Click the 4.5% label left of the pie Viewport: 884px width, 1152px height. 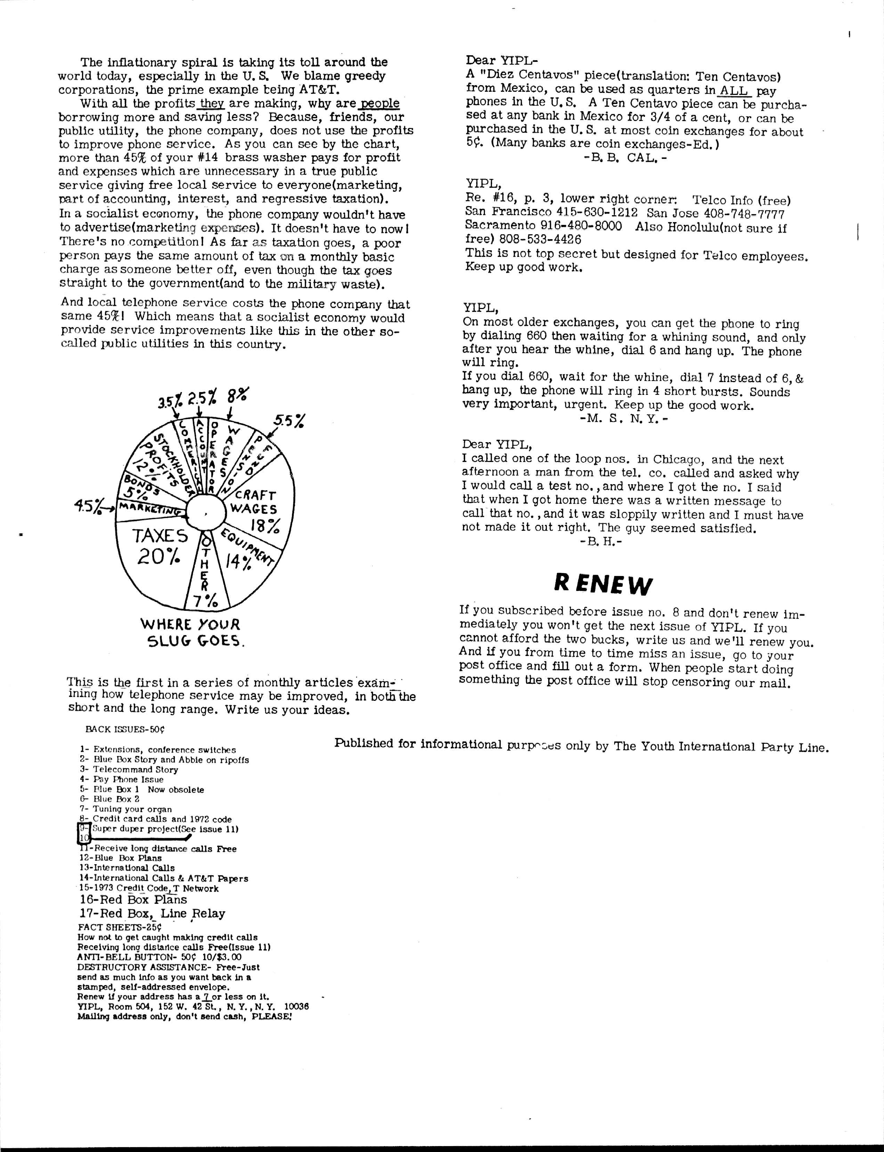pyautogui.click(x=88, y=508)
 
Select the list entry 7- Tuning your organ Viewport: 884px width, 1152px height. pyautogui.click(x=126, y=809)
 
